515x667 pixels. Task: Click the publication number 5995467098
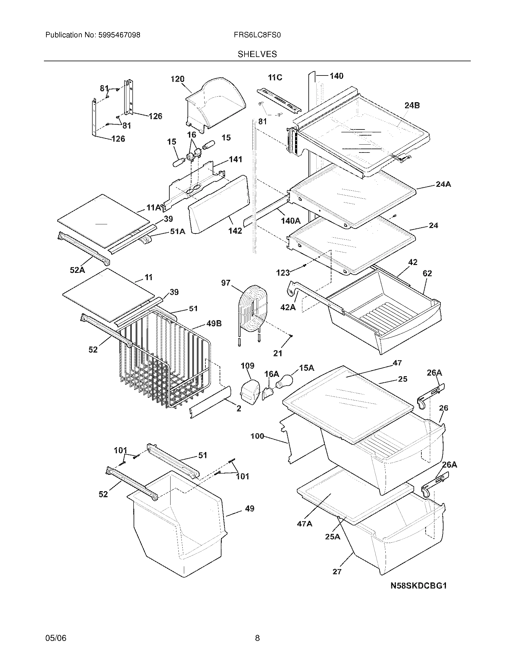pos(119,35)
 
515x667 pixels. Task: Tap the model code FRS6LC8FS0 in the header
pos(257,35)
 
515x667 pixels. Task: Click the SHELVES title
pos(257,54)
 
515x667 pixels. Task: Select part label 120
pos(178,79)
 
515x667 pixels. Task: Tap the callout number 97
pos(226,283)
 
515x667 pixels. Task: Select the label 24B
pos(412,106)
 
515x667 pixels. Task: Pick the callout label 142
pos(235,231)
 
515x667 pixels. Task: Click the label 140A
pos(291,220)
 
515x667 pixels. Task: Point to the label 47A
pos(304,524)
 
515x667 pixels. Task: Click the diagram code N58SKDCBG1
pos(419,585)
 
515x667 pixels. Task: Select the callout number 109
pos(248,366)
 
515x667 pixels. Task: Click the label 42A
pos(288,307)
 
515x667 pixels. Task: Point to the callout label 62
pos(427,273)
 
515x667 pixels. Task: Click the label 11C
pos(275,78)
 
